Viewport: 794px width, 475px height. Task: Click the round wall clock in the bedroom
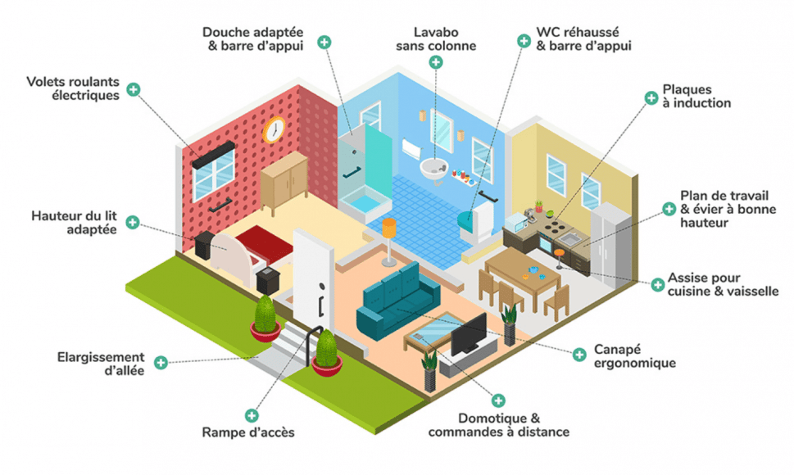click(x=274, y=129)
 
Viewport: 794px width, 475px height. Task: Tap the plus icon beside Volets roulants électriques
click(x=134, y=89)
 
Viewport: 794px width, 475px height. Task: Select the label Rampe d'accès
click(x=248, y=432)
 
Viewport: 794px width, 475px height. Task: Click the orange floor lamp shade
click(x=389, y=228)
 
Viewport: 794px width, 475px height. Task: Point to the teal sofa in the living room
click(x=397, y=301)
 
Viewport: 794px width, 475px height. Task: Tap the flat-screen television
click(x=469, y=335)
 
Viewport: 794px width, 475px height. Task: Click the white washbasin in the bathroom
click(x=434, y=168)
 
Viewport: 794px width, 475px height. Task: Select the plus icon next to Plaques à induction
click(x=651, y=98)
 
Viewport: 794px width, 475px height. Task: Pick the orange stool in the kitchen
click(x=559, y=258)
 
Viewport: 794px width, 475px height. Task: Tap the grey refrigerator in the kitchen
click(x=611, y=245)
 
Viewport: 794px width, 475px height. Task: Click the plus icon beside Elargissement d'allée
click(x=161, y=362)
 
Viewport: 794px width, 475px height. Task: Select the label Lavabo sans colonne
click(x=436, y=39)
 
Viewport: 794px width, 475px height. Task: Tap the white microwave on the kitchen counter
click(x=516, y=222)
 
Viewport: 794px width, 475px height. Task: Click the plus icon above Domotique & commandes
click(x=498, y=400)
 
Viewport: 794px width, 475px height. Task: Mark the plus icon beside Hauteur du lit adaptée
click(x=132, y=222)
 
